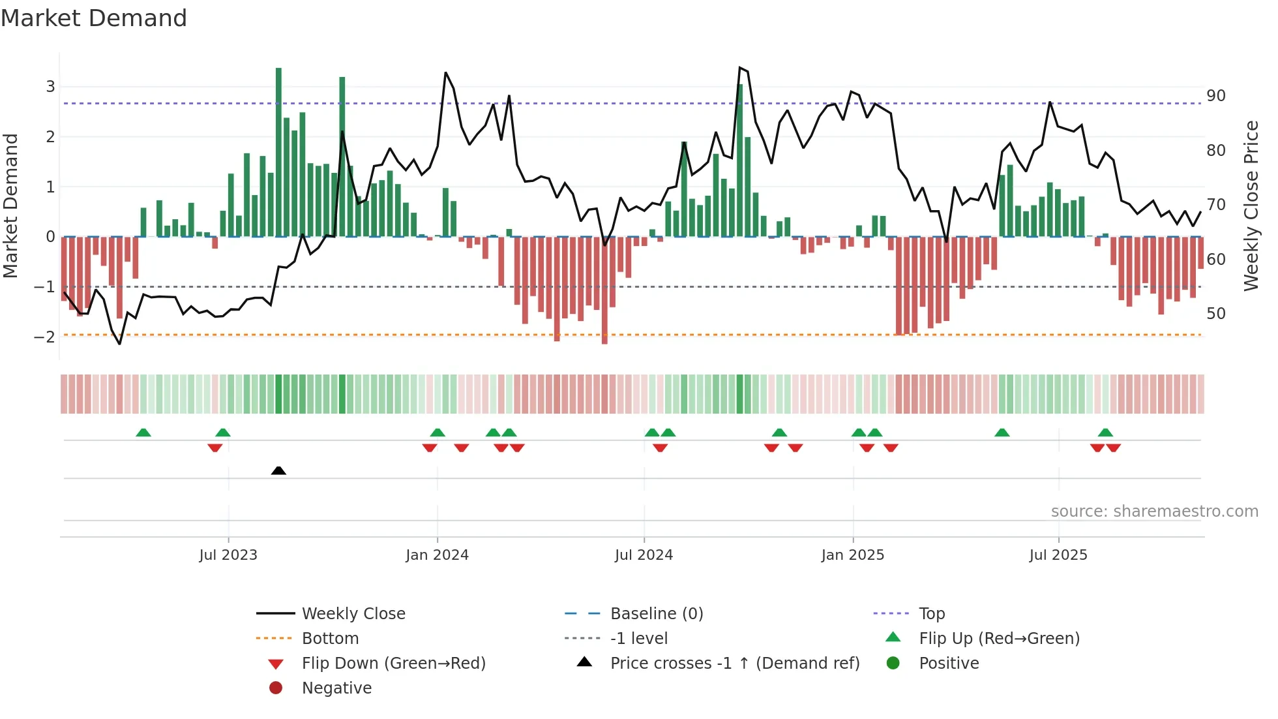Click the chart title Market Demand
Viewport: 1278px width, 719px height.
pyautogui.click(x=94, y=18)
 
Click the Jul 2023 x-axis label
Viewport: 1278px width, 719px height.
pyautogui.click(x=228, y=555)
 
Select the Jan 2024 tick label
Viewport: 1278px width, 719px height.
pyautogui.click(x=437, y=555)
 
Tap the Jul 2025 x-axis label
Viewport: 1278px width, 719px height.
pyautogui.click(x=1058, y=555)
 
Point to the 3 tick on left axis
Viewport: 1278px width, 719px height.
pyautogui.click(x=50, y=87)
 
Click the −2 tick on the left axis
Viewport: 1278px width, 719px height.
pyautogui.click(x=45, y=337)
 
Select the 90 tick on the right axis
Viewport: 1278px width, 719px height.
pyautogui.click(x=1216, y=96)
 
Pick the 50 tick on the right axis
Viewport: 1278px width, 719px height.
pyautogui.click(x=1216, y=314)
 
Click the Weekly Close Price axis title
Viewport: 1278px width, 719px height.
pyautogui.click(x=1251, y=206)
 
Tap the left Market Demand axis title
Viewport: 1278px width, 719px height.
pyautogui.click(x=10, y=206)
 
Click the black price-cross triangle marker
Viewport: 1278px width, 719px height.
pyautogui.click(x=278, y=470)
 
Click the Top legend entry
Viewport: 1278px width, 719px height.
pyautogui.click(x=932, y=614)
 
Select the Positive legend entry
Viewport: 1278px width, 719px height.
pyautogui.click(x=949, y=664)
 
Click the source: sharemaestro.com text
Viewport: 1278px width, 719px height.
pyautogui.click(x=1154, y=512)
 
